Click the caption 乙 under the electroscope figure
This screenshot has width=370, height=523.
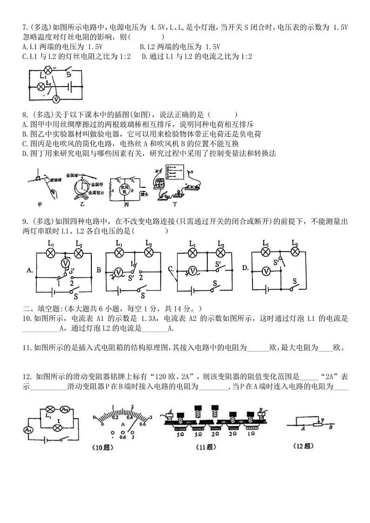83,204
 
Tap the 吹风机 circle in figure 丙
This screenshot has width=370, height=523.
124,189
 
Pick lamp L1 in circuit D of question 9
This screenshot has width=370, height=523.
266,252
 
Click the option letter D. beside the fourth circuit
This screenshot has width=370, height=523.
246,267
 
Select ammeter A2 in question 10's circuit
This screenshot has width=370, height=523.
64,409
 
